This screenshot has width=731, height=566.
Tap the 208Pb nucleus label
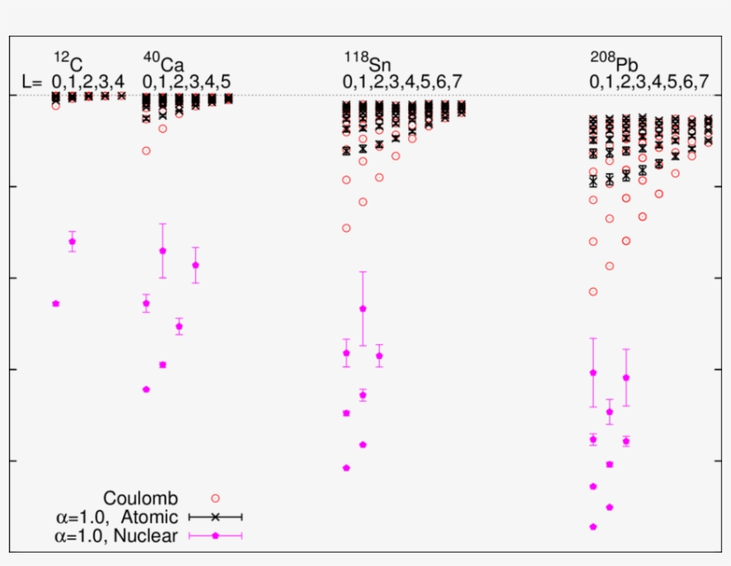613,62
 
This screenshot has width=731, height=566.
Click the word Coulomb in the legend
140,497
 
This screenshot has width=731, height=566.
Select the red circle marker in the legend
215,498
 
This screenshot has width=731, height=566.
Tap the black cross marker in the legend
215,517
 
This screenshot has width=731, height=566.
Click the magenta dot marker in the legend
215,536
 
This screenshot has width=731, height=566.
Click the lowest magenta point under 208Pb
593,527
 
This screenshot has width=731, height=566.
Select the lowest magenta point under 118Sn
346,468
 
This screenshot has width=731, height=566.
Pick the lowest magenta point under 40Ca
146,390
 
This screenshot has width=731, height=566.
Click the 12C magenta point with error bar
72,242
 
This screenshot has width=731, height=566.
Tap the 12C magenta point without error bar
55,304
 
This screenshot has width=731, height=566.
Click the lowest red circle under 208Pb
593,291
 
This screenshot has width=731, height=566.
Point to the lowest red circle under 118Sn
346,228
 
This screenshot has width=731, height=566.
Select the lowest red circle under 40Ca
146,151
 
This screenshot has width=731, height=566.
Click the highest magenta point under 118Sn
363,308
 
